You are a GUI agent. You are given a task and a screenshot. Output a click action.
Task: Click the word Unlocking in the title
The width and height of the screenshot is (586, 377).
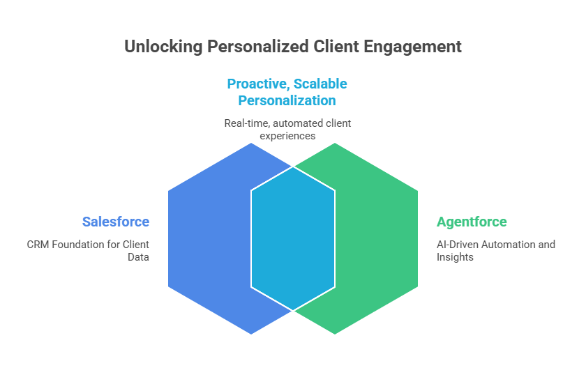pyautogui.click(x=163, y=47)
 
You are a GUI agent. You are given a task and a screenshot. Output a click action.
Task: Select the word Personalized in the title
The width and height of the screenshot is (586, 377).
pyautogui.click(x=258, y=47)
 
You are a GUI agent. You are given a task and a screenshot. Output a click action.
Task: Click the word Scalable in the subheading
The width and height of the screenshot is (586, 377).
pyautogui.click(x=320, y=84)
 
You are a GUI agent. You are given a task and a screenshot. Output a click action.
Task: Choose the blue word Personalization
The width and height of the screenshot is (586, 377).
pyautogui.click(x=287, y=100)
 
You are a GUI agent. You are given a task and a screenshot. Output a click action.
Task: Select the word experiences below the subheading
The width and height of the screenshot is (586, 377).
pyautogui.click(x=287, y=136)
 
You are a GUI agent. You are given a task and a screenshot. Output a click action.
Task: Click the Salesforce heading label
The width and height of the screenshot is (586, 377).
pyautogui.click(x=116, y=222)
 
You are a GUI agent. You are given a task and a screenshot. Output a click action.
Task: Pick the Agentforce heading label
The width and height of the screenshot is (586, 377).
pyautogui.click(x=472, y=222)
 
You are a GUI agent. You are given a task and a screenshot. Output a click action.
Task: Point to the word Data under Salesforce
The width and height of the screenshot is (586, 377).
pyautogui.click(x=138, y=257)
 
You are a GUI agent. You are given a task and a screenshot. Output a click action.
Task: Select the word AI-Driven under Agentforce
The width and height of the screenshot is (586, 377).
pyautogui.click(x=458, y=245)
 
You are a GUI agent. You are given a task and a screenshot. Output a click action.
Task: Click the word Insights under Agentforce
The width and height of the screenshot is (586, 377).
pyautogui.click(x=455, y=257)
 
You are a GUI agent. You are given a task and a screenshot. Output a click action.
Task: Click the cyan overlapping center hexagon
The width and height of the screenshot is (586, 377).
pyautogui.click(x=293, y=238)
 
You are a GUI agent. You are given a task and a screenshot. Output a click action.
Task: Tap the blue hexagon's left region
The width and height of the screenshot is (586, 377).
pyautogui.click(x=209, y=238)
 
